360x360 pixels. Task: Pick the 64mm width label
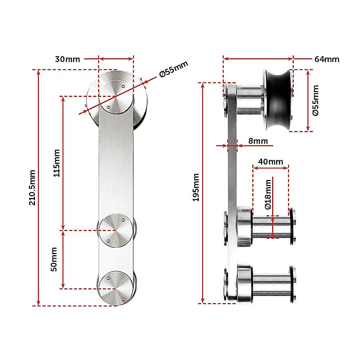[327, 59]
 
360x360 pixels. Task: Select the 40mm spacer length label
[271, 162]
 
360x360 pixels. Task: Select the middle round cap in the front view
[115, 230]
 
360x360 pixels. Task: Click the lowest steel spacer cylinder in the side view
[271, 284]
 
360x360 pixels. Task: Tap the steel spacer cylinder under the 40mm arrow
[271, 227]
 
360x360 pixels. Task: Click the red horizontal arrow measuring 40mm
[270, 167]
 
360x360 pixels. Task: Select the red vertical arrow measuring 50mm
[64, 259]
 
